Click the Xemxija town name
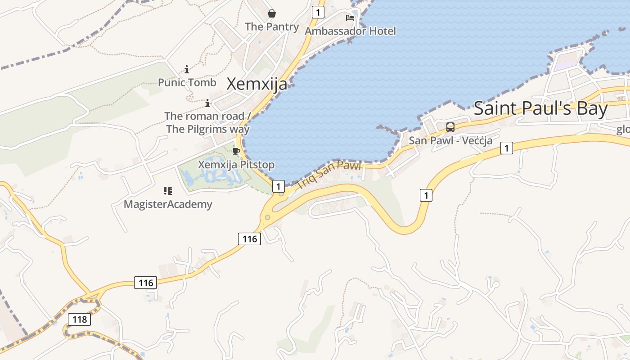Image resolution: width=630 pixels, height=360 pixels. pos(256,84)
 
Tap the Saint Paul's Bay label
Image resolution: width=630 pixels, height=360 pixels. pos(540,109)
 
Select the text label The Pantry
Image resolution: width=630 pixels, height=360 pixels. pos(272,27)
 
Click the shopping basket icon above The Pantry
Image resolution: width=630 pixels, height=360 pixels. pos(272,13)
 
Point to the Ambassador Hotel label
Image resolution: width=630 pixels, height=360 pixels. pos(350,31)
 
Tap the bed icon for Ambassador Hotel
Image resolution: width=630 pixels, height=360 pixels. pos(350,18)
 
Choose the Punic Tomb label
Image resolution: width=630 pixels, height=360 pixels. pos(187,83)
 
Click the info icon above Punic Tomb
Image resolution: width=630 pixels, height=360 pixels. pos(187,69)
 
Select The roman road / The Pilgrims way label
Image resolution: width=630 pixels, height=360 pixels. pos(207,122)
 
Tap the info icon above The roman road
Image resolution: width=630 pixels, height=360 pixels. pos(207,103)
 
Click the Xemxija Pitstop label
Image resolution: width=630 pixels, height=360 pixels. pos(236,165)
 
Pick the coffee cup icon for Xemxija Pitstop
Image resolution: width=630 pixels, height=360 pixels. pos(236,151)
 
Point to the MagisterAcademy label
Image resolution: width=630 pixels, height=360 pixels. pos(168,204)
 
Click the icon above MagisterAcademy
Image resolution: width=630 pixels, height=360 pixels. pos(168,191)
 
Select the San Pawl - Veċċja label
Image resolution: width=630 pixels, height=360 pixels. pos(450,140)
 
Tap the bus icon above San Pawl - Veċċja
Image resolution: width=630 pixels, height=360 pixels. pos(450,127)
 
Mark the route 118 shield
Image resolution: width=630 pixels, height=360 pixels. pos(80,319)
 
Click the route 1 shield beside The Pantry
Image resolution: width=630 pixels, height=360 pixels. pos(318,12)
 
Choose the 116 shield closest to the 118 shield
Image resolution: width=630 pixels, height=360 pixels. pos(146,283)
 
